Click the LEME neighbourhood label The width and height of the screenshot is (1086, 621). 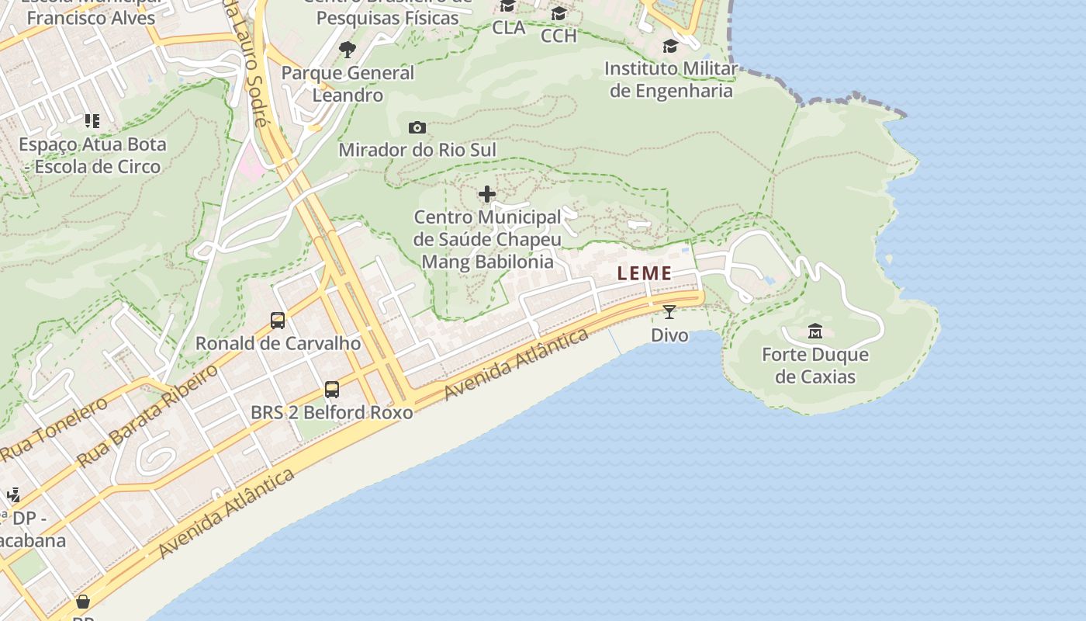(645, 273)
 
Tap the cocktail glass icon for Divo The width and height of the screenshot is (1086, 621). (669, 312)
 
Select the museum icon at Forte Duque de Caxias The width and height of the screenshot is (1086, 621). (815, 331)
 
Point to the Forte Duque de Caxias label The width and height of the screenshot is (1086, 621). (815, 366)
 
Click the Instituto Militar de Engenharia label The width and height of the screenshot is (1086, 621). (671, 79)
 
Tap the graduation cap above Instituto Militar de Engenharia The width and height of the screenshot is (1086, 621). (670, 47)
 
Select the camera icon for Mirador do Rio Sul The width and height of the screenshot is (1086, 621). (417, 127)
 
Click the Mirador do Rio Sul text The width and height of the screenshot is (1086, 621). (417, 150)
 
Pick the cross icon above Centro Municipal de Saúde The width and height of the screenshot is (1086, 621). (487, 194)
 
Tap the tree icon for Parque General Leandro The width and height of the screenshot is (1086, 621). (348, 50)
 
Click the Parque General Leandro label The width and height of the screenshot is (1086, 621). (348, 84)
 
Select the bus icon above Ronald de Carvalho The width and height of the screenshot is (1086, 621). (278, 320)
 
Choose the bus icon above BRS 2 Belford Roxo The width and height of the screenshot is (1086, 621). (332, 389)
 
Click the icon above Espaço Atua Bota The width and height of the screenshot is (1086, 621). (92, 121)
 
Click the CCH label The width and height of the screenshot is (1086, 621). (559, 36)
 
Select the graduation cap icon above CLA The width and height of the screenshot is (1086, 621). (508, 7)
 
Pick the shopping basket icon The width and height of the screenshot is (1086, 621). (83, 602)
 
